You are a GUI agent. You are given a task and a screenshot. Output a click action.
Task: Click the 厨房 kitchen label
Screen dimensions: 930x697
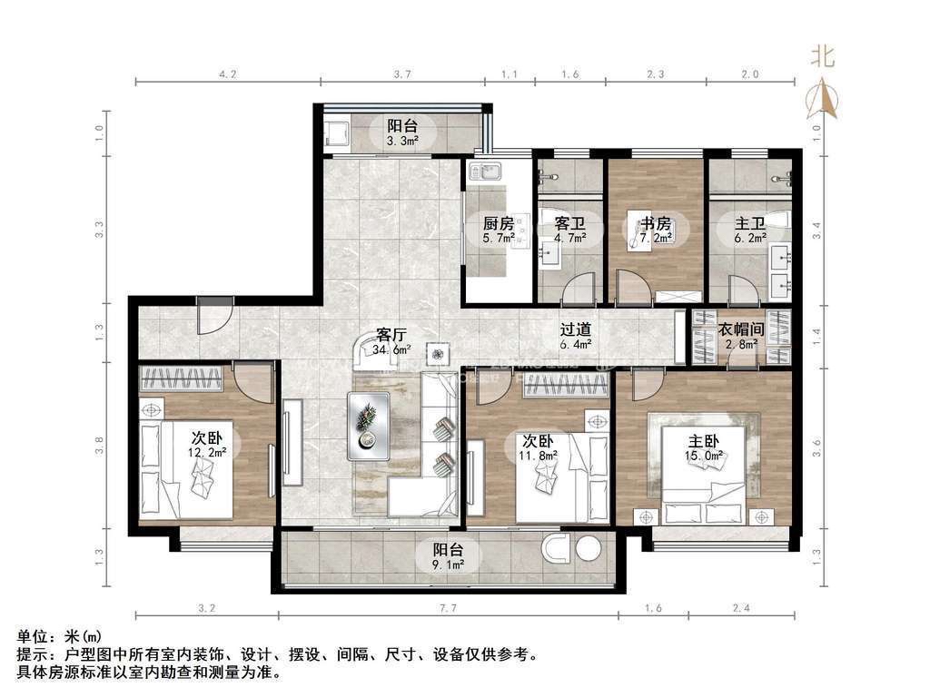[x=499, y=223]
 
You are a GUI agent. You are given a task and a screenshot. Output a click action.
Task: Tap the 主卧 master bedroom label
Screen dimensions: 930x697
[x=704, y=442]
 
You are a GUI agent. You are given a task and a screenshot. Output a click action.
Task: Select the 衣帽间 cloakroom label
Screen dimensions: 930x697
[x=741, y=329]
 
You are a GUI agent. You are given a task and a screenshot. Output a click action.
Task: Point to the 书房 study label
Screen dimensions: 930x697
[x=656, y=223]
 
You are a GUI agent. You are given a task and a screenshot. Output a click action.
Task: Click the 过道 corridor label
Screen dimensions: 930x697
[x=575, y=329]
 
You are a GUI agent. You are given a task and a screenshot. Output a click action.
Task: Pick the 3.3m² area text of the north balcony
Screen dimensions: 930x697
[x=402, y=141]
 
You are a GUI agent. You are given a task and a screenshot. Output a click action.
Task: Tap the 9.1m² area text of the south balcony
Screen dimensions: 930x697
[x=448, y=564]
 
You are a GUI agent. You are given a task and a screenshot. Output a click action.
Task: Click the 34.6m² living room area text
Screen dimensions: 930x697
[x=391, y=349]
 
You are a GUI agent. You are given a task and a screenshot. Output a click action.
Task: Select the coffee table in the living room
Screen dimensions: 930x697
[x=369, y=426]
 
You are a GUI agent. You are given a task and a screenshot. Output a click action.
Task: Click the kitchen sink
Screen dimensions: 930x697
[x=486, y=172]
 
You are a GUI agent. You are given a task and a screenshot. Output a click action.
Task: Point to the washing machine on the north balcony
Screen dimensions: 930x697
[x=336, y=133]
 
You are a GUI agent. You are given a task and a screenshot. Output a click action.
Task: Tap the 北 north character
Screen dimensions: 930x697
[x=823, y=57]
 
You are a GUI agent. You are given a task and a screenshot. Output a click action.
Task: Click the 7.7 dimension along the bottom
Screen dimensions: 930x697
[x=449, y=607]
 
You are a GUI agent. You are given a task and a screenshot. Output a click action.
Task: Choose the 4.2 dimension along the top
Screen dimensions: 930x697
[x=228, y=74]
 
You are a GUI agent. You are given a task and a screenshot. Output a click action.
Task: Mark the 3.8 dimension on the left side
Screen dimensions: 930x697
[x=99, y=446]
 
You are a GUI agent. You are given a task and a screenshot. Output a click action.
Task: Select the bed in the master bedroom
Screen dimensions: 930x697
[x=703, y=474]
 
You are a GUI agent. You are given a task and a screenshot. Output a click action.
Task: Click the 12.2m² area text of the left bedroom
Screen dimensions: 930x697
[x=207, y=453]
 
